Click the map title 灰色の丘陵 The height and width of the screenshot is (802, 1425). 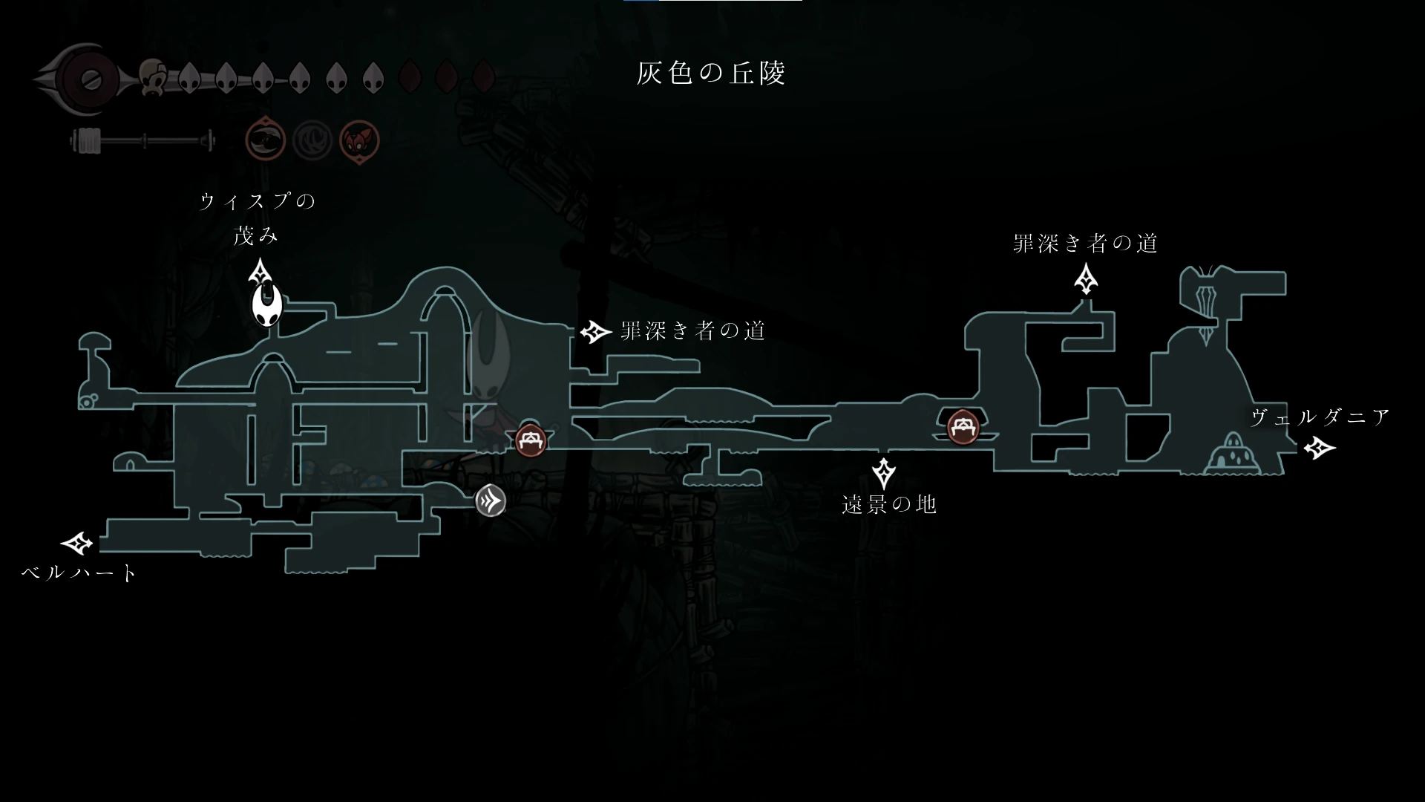(710, 73)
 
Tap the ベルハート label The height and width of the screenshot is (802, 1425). (79, 573)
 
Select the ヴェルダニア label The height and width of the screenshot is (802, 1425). (1320, 417)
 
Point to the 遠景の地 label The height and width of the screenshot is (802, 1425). (888, 505)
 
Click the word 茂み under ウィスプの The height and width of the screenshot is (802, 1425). (256, 236)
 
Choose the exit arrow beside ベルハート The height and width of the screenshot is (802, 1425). (77, 544)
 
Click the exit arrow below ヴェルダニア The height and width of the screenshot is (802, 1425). (1319, 448)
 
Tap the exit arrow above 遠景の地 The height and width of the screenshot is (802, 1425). (883, 473)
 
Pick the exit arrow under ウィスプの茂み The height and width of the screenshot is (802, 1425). (261, 272)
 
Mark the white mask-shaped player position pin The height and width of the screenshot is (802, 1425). (266, 306)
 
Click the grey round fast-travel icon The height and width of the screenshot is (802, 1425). (491, 501)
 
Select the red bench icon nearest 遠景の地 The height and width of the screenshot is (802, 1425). (963, 427)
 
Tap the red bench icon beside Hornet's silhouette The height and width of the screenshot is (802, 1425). (531, 441)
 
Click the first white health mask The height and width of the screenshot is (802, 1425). (189, 77)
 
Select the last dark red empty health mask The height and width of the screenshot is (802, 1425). (484, 76)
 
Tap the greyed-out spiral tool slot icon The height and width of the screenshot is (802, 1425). (312, 140)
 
